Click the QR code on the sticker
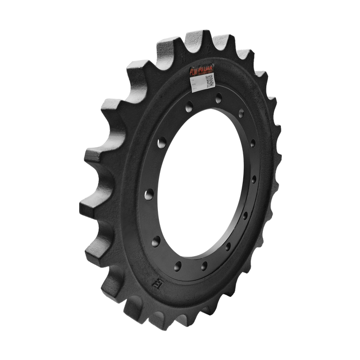pos(209,80)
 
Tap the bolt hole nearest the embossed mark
pos(178,265)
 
